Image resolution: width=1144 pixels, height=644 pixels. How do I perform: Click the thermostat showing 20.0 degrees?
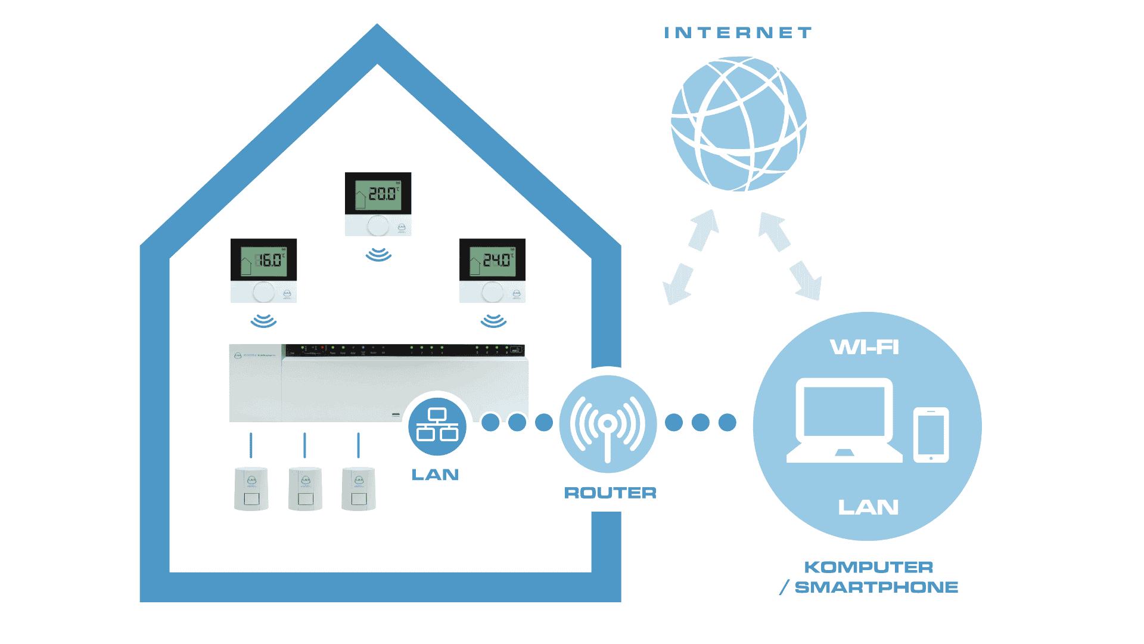378,203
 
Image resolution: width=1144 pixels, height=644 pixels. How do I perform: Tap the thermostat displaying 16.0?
263,270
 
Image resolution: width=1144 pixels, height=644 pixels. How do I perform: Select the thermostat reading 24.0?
492,270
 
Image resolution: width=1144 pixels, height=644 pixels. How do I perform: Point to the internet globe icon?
739,124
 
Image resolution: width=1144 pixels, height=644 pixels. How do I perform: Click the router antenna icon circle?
608,424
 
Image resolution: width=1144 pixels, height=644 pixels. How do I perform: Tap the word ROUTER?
610,493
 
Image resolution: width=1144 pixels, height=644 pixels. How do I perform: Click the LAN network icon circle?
437,426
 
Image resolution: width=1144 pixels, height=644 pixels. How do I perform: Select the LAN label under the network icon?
435,475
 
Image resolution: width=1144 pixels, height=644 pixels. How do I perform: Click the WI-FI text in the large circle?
865,347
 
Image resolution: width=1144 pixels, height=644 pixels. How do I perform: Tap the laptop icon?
844,420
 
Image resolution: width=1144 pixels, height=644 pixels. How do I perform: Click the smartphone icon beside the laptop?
931,435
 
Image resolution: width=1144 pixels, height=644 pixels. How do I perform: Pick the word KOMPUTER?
868,567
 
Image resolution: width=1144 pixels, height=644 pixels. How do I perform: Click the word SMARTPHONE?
876,587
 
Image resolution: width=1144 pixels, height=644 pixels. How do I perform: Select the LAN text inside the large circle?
868,507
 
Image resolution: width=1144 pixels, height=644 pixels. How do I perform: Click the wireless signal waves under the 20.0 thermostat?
378,255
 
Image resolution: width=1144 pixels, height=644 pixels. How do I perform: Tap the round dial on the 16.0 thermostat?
263,292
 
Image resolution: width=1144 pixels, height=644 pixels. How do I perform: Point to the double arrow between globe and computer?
790,256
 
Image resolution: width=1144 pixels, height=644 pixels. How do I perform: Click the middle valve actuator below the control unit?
305,489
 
